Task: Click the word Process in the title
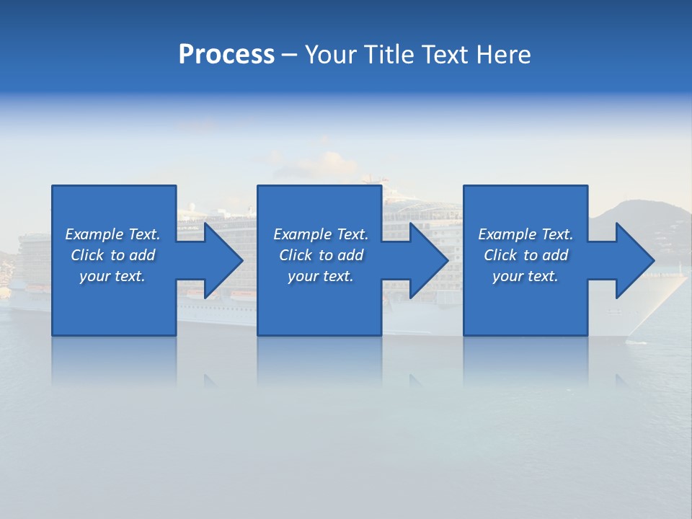pyautogui.click(x=226, y=55)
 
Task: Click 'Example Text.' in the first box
pyautogui.click(x=112, y=234)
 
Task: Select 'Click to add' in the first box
pyautogui.click(x=112, y=255)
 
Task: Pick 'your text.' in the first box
pyautogui.click(x=112, y=276)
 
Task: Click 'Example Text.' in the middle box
pyautogui.click(x=321, y=234)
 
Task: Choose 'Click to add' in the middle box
pyautogui.click(x=321, y=255)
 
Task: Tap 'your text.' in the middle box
pyautogui.click(x=321, y=276)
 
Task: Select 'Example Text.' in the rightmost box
pyautogui.click(x=525, y=234)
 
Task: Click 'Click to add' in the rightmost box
pyautogui.click(x=525, y=255)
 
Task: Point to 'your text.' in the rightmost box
pyautogui.click(x=525, y=276)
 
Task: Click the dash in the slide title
pyautogui.click(x=289, y=56)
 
